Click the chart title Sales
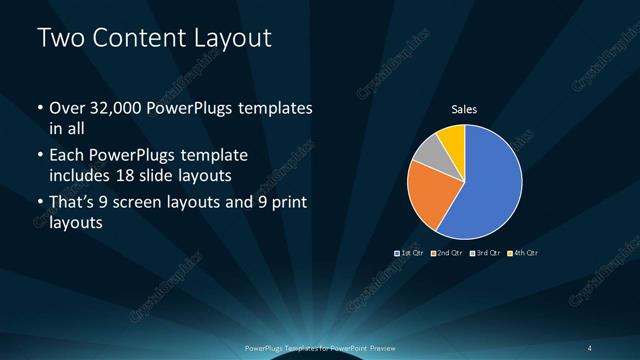click(464, 108)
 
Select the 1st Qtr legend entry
click(411, 253)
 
